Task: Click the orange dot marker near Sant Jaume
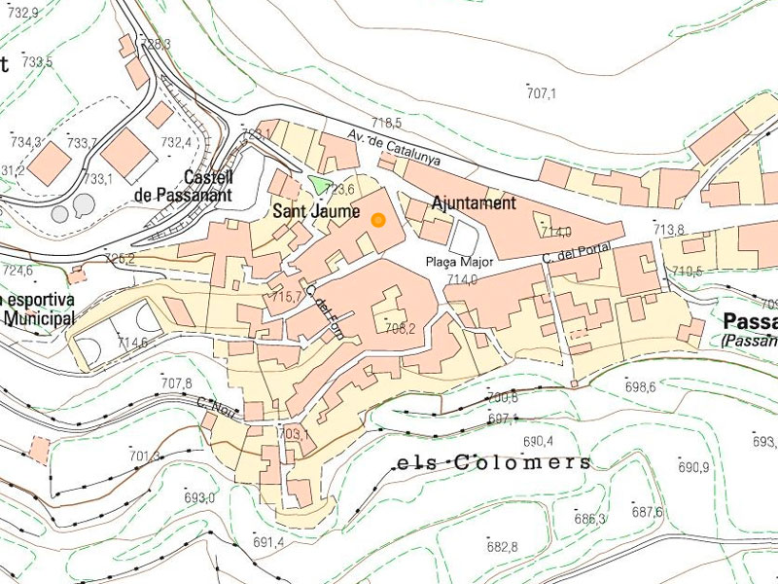pyautogui.click(x=378, y=220)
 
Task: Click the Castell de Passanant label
pyautogui.click(x=182, y=186)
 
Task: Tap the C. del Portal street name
pyautogui.click(x=577, y=253)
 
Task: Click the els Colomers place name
pyautogui.click(x=494, y=462)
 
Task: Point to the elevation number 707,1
pyautogui.click(x=541, y=94)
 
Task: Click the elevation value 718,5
pyautogui.click(x=386, y=123)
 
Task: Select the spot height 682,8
pyautogui.click(x=502, y=547)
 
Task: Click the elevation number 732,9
pyautogui.click(x=21, y=13)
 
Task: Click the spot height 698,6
pyautogui.click(x=640, y=387)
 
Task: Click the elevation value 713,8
pyautogui.click(x=669, y=230)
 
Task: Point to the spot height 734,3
pyautogui.click(x=25, y=142)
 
